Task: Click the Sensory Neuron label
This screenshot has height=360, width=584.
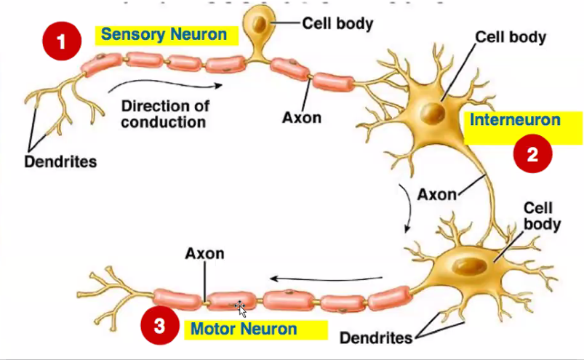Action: coord(164,34)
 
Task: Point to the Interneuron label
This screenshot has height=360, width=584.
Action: coord(515,120)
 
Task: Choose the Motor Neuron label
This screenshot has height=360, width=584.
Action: coord(244,329)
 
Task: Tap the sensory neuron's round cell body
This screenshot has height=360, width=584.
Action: coord(259,25)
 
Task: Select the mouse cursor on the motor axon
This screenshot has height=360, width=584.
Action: coord(241,309)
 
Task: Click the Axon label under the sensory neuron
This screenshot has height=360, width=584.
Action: coord(302,117)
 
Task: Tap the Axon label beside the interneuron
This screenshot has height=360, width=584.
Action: coord(436,194)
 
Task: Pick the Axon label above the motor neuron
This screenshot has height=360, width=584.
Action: coord(204,254)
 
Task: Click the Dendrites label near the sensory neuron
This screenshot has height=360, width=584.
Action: coord(60,161)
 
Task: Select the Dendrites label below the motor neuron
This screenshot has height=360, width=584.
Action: coord(376,337)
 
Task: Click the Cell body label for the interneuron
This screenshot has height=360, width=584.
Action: coord(511,37)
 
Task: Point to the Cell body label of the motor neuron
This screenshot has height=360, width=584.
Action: coord(542,216)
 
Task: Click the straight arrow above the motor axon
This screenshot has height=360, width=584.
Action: coord(327,278)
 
